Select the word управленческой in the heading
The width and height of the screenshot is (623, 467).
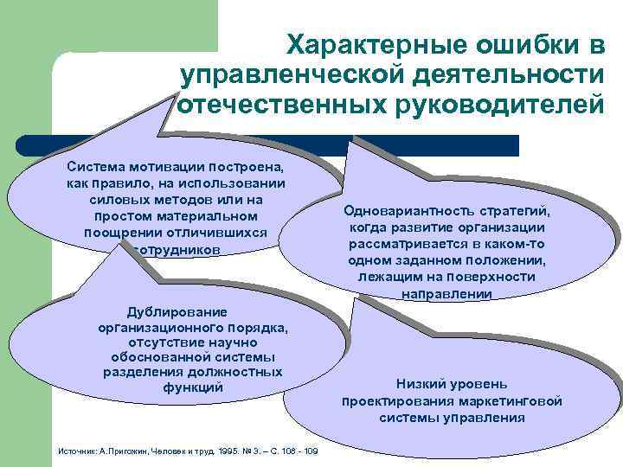[x=292, y=75]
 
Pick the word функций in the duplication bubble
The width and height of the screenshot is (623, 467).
[x=193, y=387]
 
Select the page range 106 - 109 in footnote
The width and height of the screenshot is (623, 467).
[x=299, y=451]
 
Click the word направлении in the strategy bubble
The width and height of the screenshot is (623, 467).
[x=447, y=293]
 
